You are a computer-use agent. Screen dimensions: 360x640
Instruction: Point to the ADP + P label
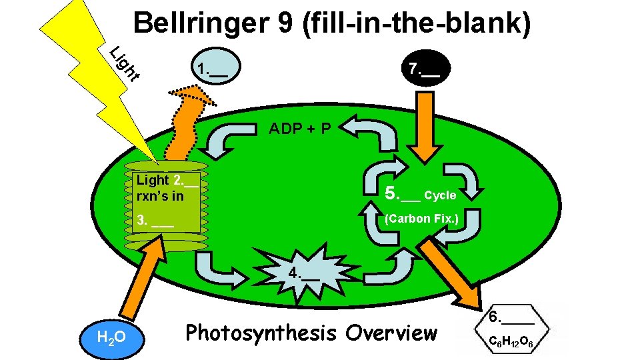(299, 128)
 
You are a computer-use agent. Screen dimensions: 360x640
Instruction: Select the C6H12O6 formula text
(511, 342)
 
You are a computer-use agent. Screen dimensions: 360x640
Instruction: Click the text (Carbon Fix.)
(422, 219)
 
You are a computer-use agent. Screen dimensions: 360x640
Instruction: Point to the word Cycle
(440, 196)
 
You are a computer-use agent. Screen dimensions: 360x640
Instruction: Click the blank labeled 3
(155, 221)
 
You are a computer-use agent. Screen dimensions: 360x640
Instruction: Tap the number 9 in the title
(285, 24)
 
